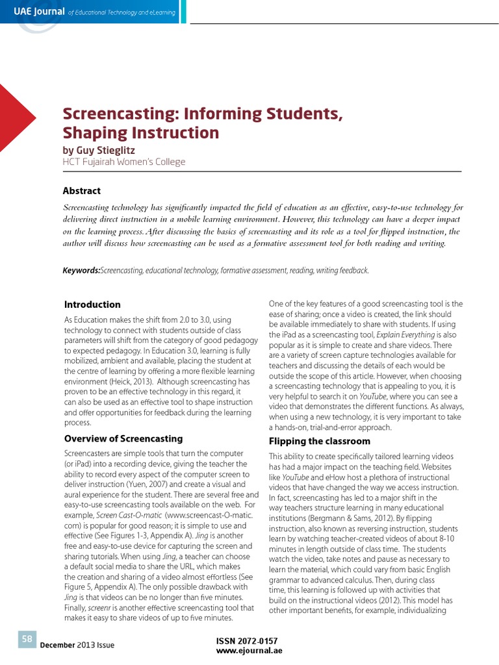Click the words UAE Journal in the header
[39, 11]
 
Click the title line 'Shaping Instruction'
[140, 133]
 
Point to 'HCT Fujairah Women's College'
[123, 162]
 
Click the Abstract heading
[81, 190]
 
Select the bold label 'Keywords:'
[81, 270]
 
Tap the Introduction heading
[92, 305]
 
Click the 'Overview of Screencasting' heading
[123, 438]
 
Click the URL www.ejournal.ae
[249, 651]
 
